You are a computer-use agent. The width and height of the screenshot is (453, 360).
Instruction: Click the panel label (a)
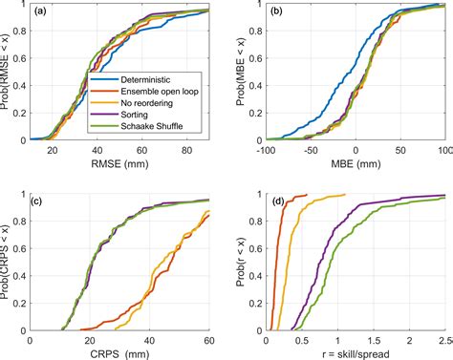click(x=40, y=14)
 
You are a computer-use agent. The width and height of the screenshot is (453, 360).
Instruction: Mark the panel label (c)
click(x=40, y=201)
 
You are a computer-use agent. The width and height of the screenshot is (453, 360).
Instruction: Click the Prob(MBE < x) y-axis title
click(x=241, y=73)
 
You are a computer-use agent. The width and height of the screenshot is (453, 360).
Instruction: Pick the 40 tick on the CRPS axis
click(x=148, y=338)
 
